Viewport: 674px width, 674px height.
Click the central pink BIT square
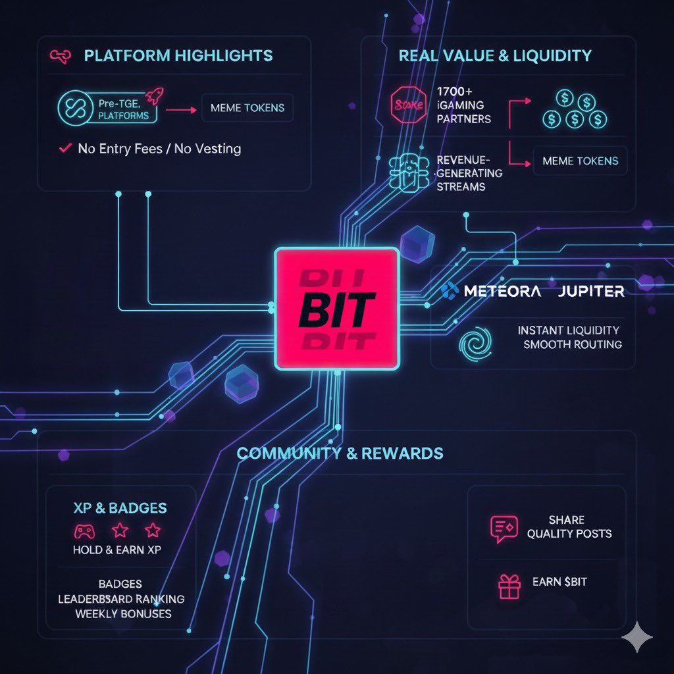(x=336, y=308)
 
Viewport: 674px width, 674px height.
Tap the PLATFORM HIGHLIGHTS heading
(x=178, y=55)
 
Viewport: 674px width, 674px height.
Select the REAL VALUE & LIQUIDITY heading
(x=495, y=55)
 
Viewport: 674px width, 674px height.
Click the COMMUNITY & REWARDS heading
(x=340, y=454)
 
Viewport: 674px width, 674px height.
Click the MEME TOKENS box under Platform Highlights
(x=248, y=108)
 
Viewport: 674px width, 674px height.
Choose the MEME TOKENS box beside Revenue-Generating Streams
(x=580, y=161)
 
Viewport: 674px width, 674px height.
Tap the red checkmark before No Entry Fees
(x=65, y=148)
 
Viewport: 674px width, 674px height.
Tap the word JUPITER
(x=590, y=290)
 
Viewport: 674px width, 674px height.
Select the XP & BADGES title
(x=120, y=508)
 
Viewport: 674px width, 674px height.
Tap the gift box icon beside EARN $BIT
(x=509, y=585)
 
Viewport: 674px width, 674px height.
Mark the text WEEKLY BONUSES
(x=123, y=613)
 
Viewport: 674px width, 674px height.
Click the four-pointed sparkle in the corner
(x=637, y=637)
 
